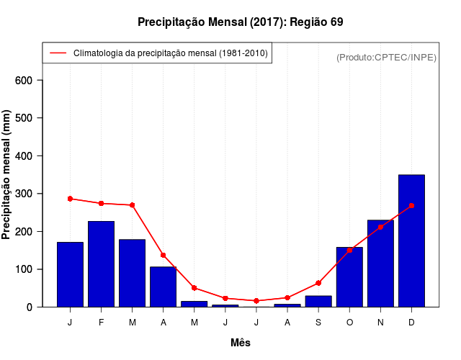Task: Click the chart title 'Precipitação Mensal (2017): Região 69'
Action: (x=240, y=22)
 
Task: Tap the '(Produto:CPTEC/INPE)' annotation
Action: (x=386, y=57)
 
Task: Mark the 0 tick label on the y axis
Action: (x=30, y=307)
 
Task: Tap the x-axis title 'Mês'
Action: (x=241, y=343)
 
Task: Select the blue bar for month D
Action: (x=411, y=240)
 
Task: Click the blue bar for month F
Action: (x=101, y=264)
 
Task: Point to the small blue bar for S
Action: (x=318, y=301)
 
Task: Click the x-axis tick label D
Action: (x=411, y=323)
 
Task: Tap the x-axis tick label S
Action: (x=318, y=323)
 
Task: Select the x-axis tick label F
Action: (x=101, y=323)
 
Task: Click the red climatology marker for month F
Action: (x=101, y=203)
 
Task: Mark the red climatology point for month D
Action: (x=411, y=205)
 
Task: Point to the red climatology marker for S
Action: (x=318, y=283)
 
